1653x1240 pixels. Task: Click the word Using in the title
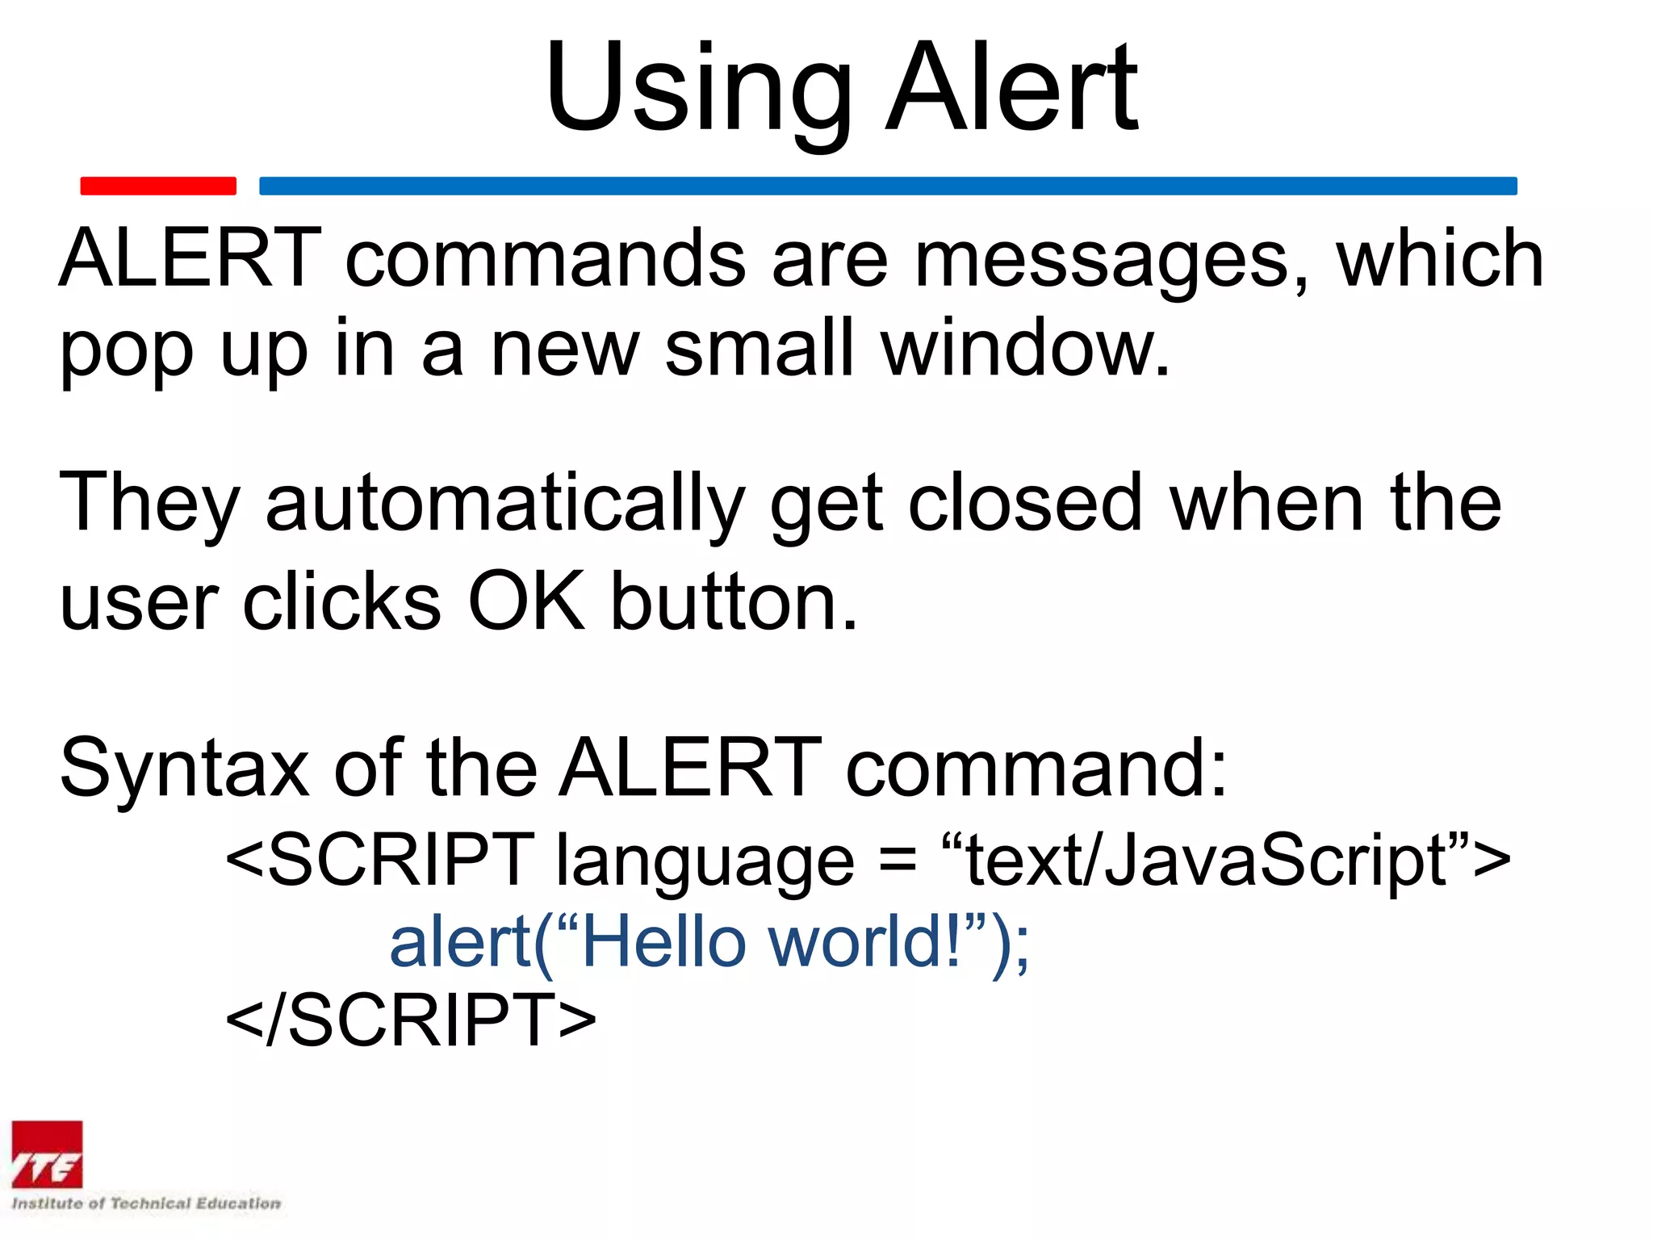tap(698, 89)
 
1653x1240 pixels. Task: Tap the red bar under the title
tap(158, 186)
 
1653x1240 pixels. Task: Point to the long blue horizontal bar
tap(888, 186)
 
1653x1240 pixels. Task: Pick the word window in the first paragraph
tap(1025, 349)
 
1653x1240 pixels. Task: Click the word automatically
tap(505, 504)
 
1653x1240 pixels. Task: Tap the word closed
tap(1025, 504)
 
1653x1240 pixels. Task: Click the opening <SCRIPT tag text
tap(379, 859)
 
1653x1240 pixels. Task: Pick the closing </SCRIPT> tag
tap(411, 1020)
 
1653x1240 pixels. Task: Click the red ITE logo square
tap(47, 1154)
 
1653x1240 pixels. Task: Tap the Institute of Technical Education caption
tap(146, 1204)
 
